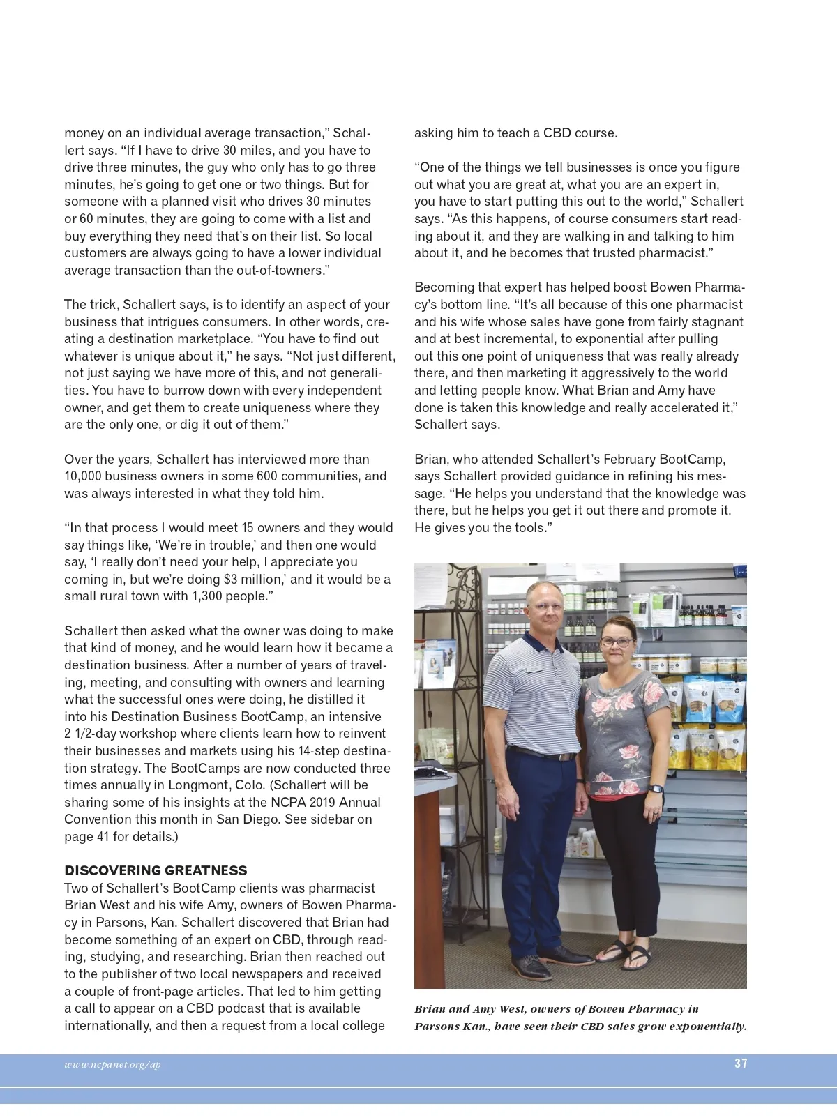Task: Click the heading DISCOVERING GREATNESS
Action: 156,870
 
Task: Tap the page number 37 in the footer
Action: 741,1064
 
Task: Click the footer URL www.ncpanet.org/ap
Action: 112,1064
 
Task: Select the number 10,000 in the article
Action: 83,476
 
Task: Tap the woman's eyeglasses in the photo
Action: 617,642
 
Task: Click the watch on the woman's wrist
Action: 656,789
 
